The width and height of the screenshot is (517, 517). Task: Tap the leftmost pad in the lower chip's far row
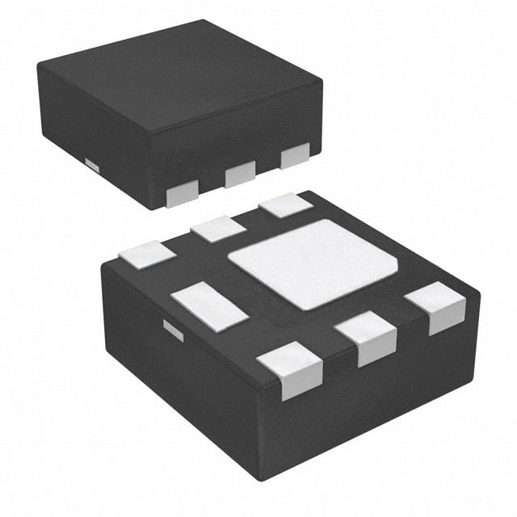pos(147,254)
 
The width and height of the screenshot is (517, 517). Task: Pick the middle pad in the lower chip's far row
pos(218,229)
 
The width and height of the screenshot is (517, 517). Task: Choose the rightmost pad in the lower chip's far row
pos(286,204)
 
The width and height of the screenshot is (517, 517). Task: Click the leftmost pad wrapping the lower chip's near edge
pos(292,368)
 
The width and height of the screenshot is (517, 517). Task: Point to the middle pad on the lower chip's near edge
pos(366,336)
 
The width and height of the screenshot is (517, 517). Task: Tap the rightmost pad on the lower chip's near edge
pos(436,306)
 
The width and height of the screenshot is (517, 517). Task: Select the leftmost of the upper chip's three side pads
pos(183,193)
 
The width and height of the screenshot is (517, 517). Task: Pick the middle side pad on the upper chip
pos(240,173)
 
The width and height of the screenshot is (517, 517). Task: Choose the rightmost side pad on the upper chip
pos(295,154)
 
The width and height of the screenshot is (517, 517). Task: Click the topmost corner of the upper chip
pos(201,21)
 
